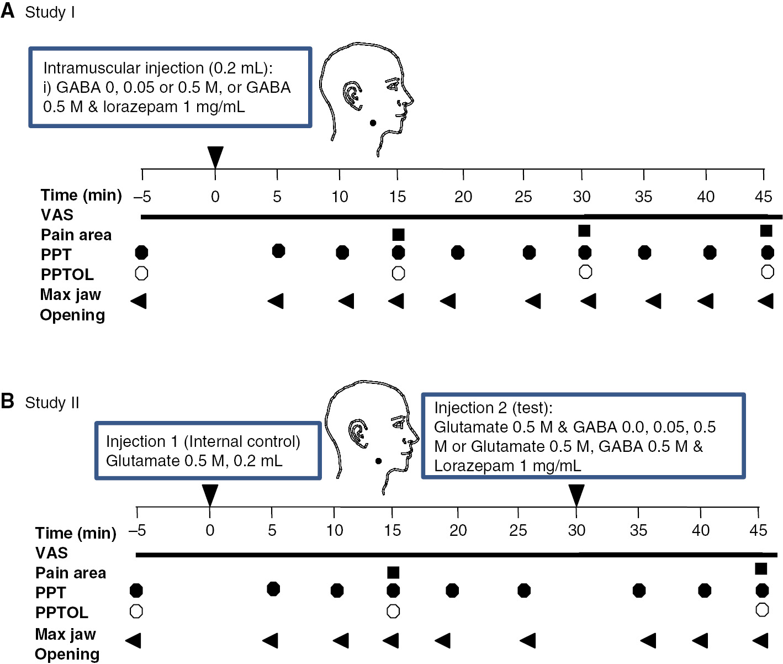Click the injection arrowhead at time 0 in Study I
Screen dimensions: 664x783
point(215,156)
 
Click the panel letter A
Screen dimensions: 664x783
point(8,10)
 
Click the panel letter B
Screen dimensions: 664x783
point(8,401)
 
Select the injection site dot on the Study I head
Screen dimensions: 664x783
point(373,123)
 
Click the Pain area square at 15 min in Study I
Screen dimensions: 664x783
point(398,235)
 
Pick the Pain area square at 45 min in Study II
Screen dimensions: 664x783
point(760,569)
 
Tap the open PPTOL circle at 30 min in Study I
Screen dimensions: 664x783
point(585,272)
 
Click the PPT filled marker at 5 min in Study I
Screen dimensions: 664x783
point(279,251)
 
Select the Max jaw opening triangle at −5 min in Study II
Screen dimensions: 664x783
point(133,640)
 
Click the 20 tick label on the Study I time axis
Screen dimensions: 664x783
point(463,197)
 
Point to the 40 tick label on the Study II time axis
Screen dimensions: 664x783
point(700,530)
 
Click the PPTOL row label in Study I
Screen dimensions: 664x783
point(67,275)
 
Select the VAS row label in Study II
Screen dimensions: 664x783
point(51,553)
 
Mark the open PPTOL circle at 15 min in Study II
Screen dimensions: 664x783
point(393,612)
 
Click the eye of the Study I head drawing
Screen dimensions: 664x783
point(393,85)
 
